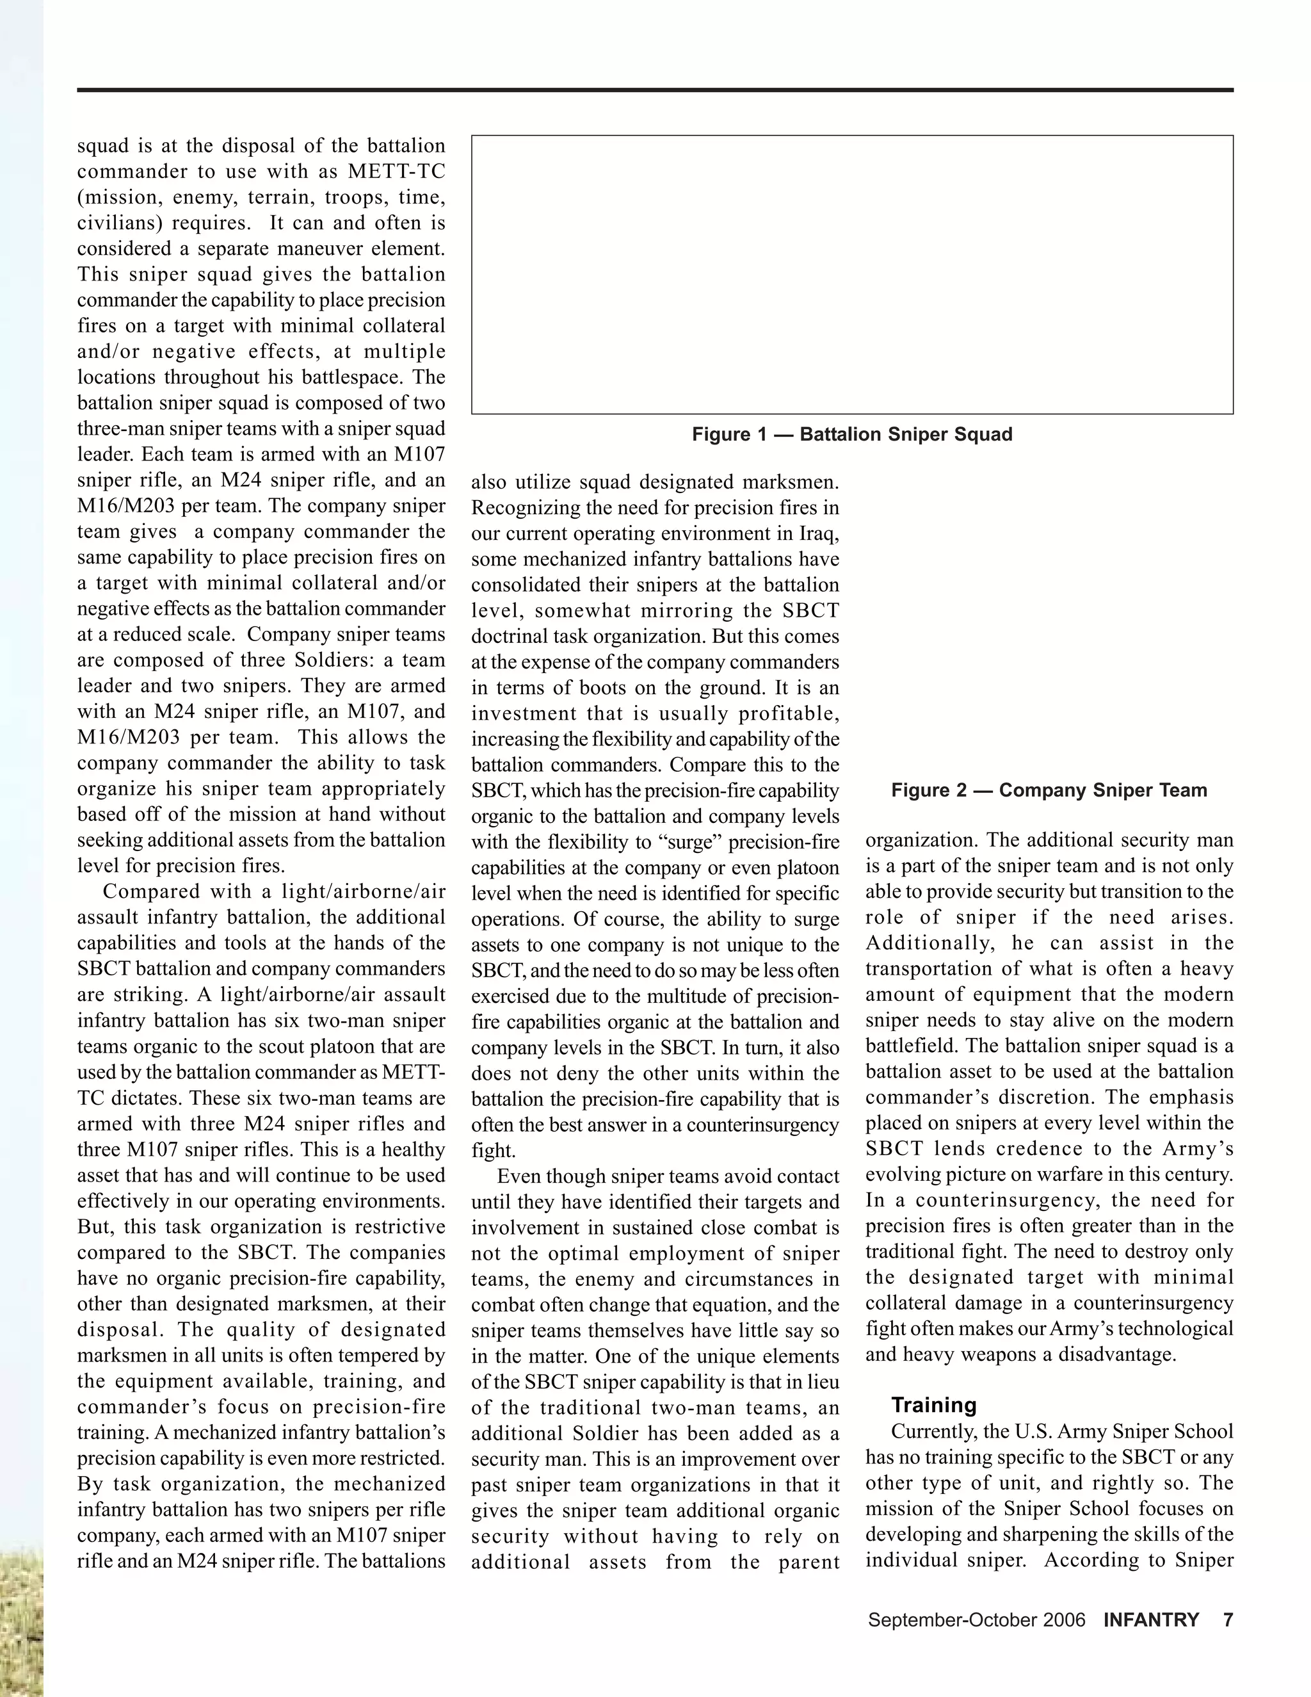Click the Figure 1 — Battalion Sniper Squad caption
pos(852,434)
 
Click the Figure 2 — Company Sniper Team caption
pos(1049,790)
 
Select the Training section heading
pos(933,1405)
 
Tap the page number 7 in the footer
pos(1228,1620)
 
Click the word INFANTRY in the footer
pos(1151,1620)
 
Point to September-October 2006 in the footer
pos(976,1620)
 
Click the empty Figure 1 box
pos(852,274)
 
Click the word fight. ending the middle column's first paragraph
pos(492,1151)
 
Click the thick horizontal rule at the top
pos(655,90)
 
